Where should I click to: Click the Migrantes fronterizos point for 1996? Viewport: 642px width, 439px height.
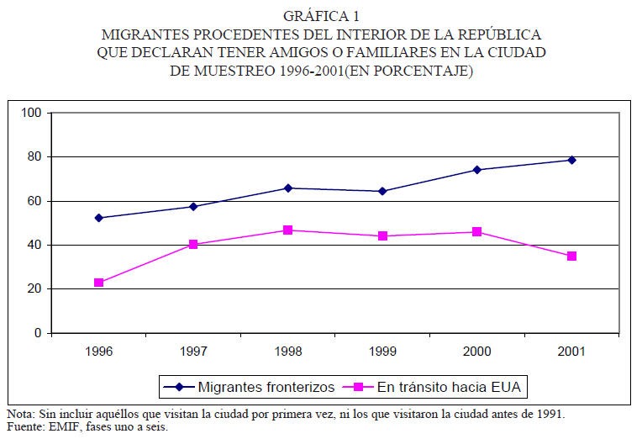(x=99, y=218)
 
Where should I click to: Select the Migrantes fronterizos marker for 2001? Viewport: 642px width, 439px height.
(x=571, y=160)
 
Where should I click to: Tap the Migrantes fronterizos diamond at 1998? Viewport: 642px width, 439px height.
(x=288, y=188)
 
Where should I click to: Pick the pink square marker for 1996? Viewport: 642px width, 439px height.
(x=99, y=283)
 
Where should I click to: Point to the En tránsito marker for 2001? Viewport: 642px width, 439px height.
(x=571, y=256)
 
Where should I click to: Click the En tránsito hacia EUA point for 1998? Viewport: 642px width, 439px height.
(x=288, y=230)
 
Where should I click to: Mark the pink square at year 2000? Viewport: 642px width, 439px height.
(x=477, y=231)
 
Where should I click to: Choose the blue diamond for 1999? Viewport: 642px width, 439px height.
(x=382, y=191)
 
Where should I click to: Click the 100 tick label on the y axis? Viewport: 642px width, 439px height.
(x=31, y=113)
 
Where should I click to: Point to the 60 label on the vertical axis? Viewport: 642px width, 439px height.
(x=34, y=201)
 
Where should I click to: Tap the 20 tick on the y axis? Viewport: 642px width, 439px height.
(x=34, y=289)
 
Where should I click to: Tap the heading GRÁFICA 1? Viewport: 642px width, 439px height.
(x=320, y=16)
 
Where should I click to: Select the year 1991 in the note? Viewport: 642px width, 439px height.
(x=550, y=415)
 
